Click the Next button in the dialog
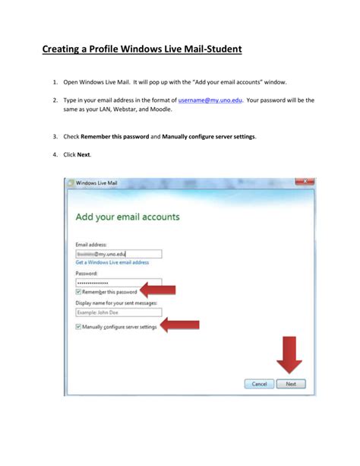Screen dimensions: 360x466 pos(290,384)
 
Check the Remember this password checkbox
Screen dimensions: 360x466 pos(79,292)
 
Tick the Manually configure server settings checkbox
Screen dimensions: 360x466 pos(79,327)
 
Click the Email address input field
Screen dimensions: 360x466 pos(118,254)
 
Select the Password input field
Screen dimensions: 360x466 pos(118,282)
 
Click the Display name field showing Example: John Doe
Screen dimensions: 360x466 pos(118,312)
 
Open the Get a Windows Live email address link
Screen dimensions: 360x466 pos(112,262)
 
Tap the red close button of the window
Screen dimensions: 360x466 pos(303,182)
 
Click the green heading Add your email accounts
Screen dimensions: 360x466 pos(128,217)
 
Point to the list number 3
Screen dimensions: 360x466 pos(55,136)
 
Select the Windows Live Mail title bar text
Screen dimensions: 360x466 pos(98,183)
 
